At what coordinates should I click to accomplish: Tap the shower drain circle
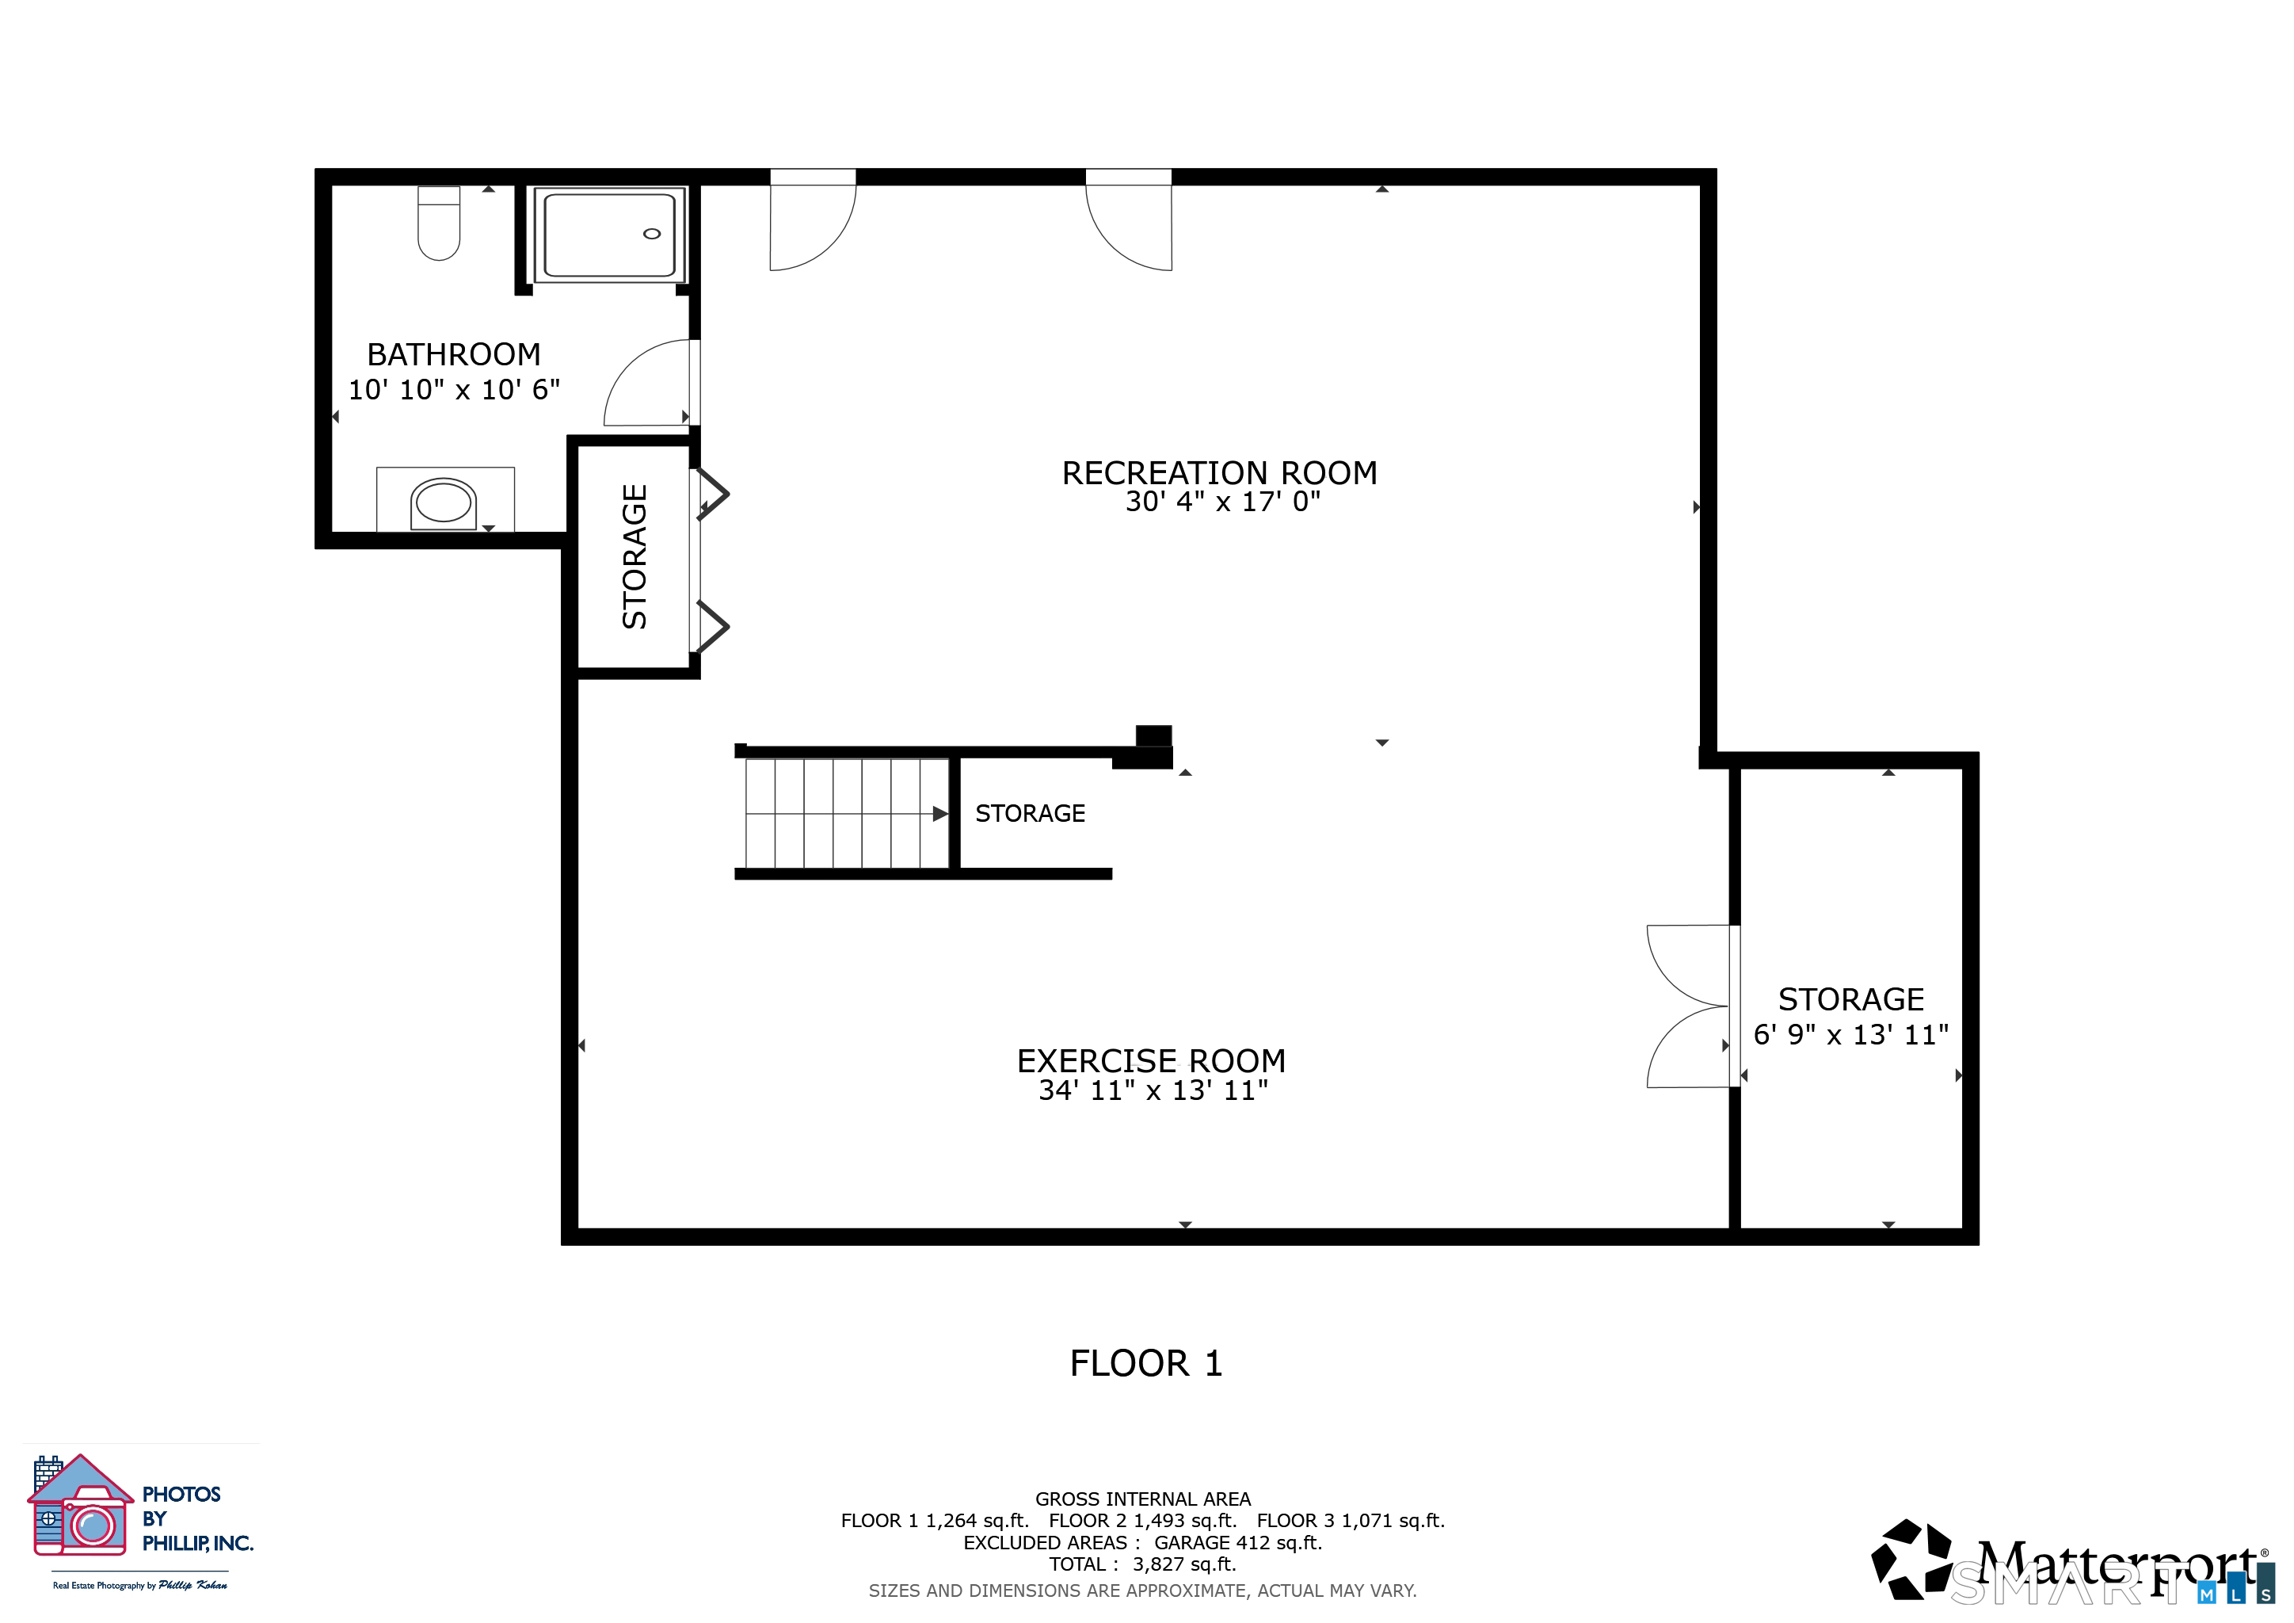651,234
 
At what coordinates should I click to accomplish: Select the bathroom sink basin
444,502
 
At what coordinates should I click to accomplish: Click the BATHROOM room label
454,355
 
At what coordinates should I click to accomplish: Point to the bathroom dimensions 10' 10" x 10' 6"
454,390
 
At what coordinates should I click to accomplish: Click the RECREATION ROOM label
1219,472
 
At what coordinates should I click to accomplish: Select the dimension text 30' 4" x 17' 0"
1223,502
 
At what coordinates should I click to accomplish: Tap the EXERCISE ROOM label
1151,1061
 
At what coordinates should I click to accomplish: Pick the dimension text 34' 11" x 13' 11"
1153,1090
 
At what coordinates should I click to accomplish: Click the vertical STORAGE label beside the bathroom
634,556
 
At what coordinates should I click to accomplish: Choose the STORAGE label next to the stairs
1030,814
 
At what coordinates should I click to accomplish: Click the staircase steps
848,814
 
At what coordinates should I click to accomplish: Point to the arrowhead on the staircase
940,814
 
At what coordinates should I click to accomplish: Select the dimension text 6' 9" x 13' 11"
1850,1034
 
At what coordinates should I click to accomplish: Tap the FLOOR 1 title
1146,1363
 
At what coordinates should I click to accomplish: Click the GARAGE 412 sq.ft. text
1238,1542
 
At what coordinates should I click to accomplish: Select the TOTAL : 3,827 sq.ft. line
1142,1564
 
